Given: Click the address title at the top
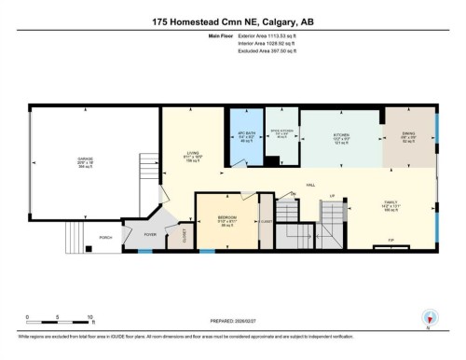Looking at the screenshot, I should tap(233, 20).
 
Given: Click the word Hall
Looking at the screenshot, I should tap(309, 185).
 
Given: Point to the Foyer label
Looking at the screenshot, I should tap(150, 222).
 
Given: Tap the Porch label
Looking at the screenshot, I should tap(105, 238).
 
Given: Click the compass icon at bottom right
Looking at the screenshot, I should tap(429, 317).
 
